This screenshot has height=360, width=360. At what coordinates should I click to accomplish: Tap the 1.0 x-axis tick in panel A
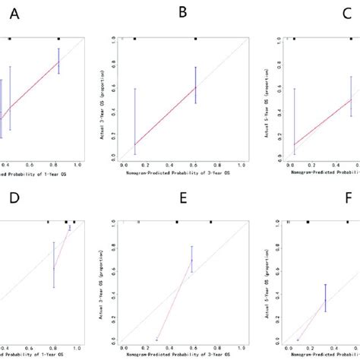[77, 163]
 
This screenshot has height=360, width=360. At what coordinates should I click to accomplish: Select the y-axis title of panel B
[103, 99]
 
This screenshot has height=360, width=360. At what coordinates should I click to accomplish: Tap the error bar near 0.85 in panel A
[58, 61]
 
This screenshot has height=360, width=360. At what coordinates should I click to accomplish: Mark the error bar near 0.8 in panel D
[54, 265]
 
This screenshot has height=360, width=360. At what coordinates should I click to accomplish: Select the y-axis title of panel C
[272, 99]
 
